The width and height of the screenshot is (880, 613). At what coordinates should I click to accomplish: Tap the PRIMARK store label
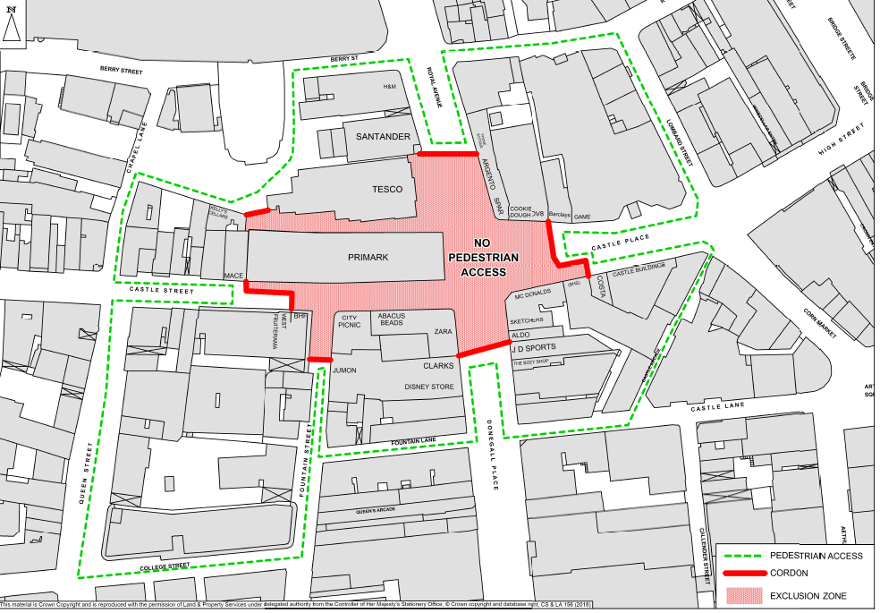(368, 258)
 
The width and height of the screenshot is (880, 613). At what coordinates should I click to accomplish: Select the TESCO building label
(388, 190)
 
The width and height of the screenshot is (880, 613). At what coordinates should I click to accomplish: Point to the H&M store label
(389, 87)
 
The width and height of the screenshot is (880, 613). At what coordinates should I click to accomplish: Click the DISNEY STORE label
(429, 387)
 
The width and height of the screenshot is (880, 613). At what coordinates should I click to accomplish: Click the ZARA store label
(444, 332)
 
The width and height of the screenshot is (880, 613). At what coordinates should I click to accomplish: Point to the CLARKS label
(439, 365)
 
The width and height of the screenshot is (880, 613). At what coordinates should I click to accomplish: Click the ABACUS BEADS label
(391, 319)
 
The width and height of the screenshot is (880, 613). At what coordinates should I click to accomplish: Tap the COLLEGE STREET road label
(167, 566)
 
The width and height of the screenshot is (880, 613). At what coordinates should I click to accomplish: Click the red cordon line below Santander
(445, 155)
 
